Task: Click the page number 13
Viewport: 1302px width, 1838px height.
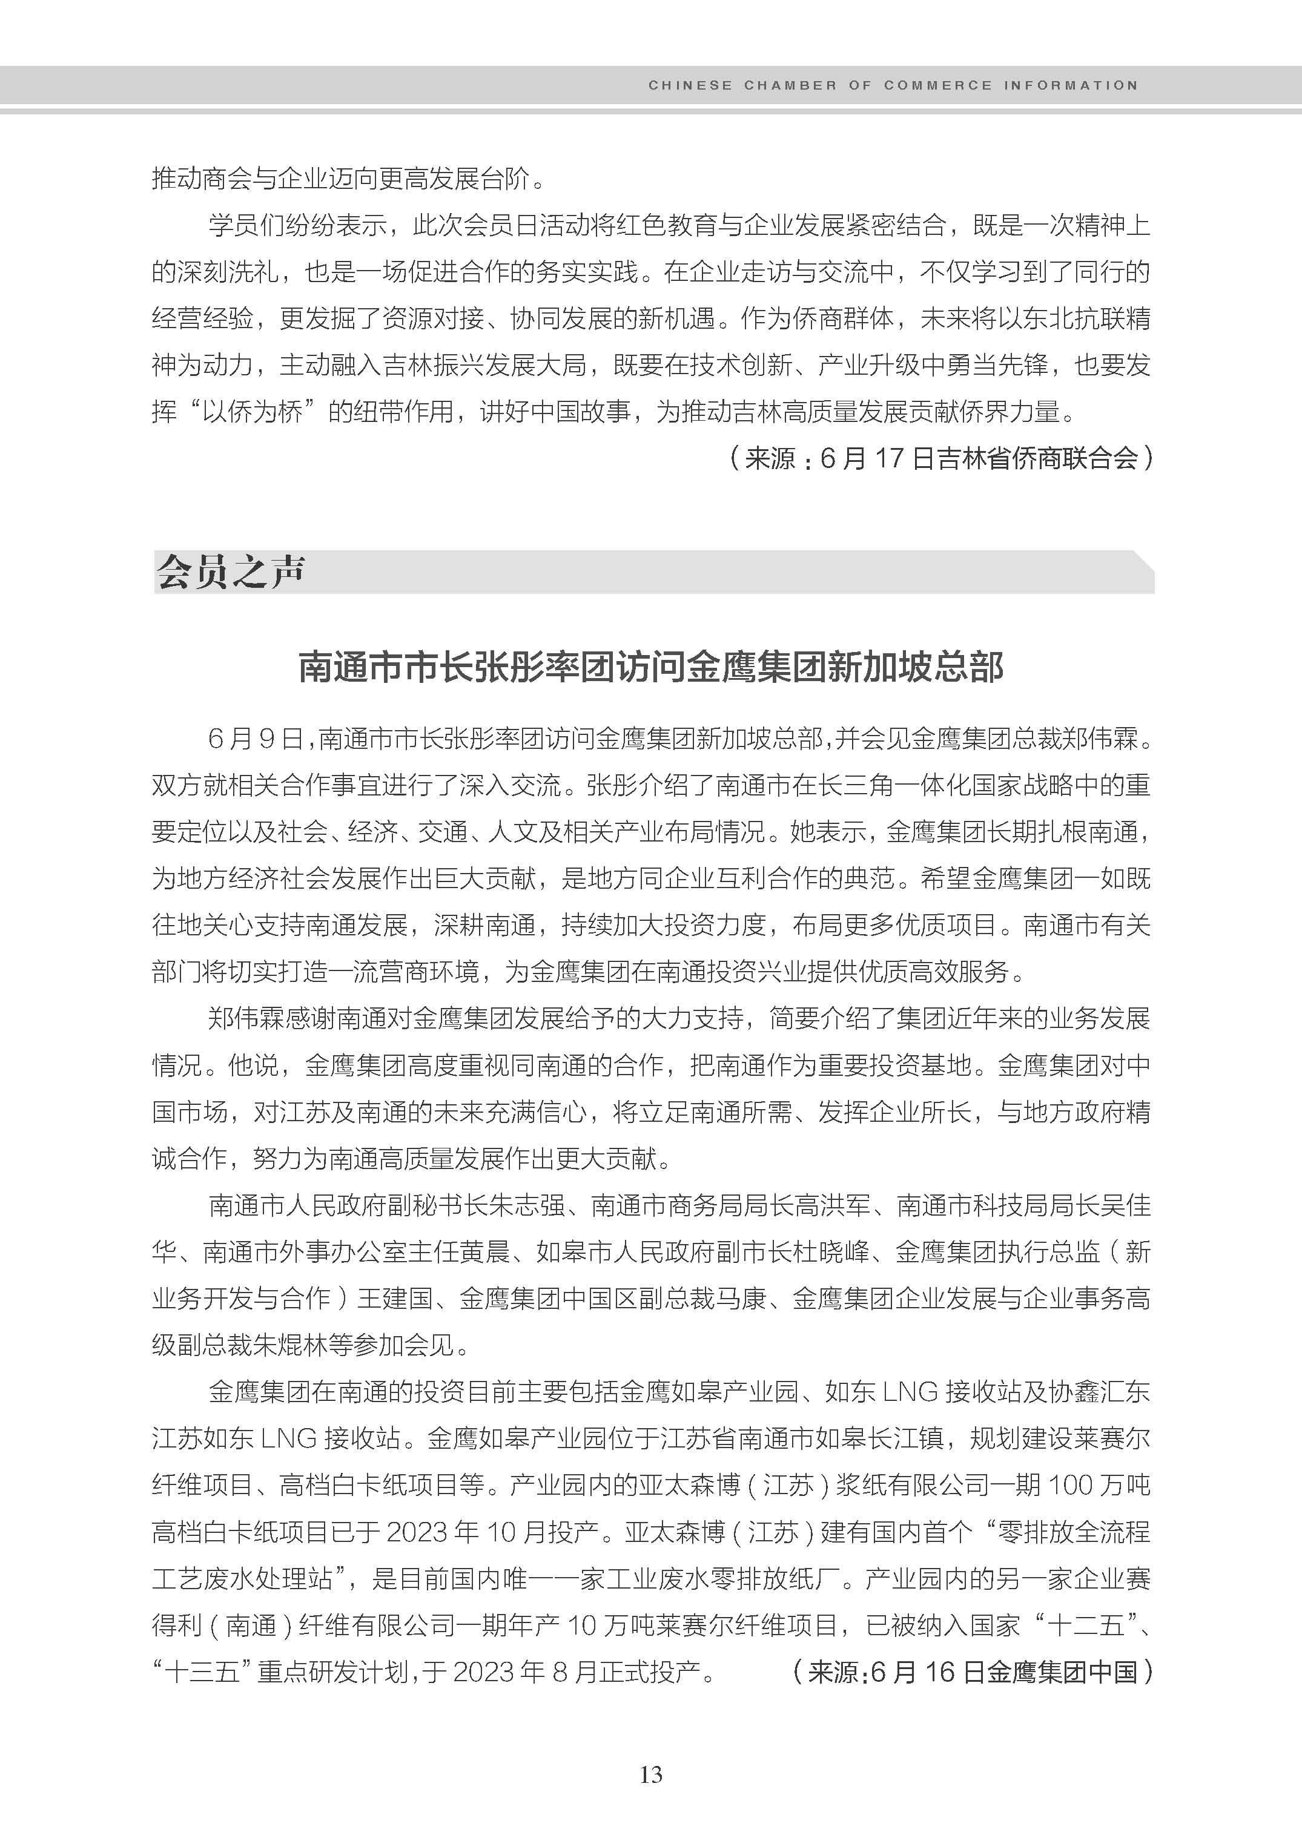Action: tap(651, 1774)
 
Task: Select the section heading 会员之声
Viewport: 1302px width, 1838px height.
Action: tap(230, 572)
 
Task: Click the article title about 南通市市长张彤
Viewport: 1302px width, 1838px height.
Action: tap(651, 667)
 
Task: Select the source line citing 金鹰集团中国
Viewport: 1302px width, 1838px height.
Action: tap(972, 1672)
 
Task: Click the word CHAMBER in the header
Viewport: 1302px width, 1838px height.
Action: tap(790, 85)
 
